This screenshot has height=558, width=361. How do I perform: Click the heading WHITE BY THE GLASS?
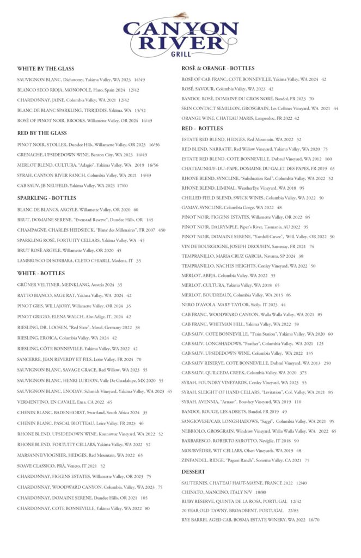(46, 69)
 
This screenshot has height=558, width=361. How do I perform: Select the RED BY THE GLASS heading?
(42, 133)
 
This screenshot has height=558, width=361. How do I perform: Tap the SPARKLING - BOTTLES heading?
(47, 198)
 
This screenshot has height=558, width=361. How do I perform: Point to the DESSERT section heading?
(193, 471)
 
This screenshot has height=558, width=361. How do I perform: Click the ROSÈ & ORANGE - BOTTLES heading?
(218, 68)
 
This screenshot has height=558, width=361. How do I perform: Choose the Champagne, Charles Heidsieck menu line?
(87, 230)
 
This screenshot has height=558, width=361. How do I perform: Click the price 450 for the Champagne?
(162, 230)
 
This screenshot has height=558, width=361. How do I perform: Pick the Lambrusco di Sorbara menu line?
(79, 260)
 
